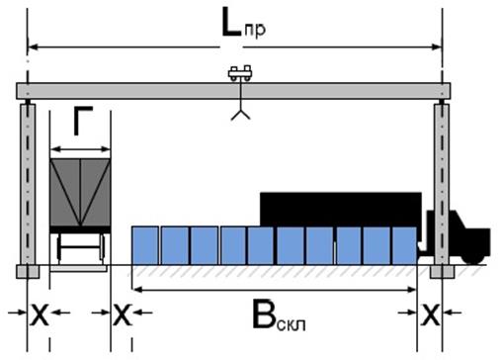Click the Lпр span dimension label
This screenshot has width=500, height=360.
click(244, 23)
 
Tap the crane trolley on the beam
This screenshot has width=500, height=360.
click(240, 73)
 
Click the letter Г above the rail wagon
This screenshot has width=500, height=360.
click(83, 121)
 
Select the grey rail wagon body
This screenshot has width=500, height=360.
click(80, 193)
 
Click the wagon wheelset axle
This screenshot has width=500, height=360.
click(80, 247)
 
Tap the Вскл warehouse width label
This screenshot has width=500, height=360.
click(279, 315)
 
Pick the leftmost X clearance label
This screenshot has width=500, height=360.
click(40, 315)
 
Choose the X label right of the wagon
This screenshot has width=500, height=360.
click(123, 315)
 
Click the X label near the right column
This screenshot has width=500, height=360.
click(430, 315)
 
